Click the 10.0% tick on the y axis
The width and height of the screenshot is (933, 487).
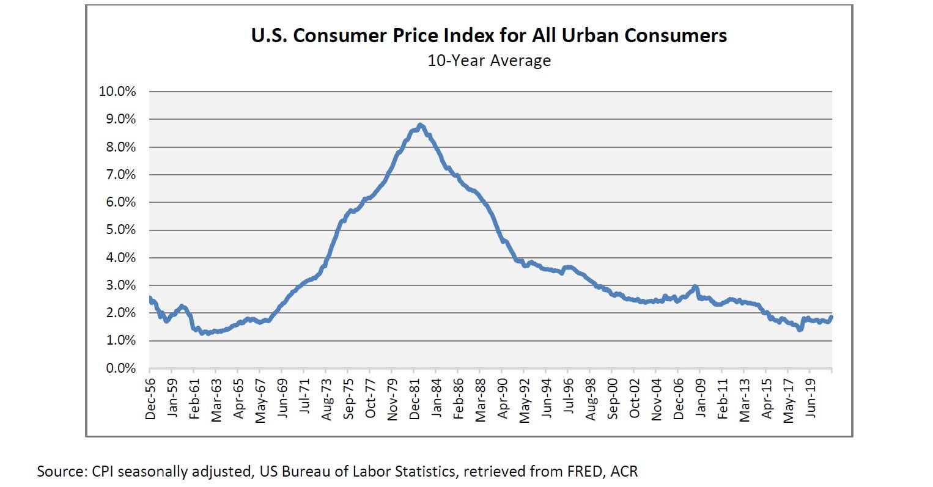click(117, 92)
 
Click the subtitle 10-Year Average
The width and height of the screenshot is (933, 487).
click(489, 61)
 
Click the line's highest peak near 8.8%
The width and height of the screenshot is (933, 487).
click(420, 125)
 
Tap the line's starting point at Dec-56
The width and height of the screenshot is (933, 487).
click(150, 299)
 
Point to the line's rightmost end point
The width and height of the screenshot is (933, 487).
click(832, 317)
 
